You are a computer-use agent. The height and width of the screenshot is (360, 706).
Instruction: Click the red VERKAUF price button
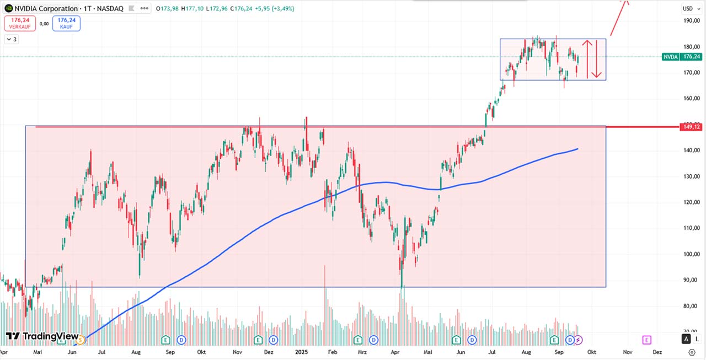tap(20, 23)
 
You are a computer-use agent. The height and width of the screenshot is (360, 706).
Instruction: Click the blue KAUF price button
tap(66, 23)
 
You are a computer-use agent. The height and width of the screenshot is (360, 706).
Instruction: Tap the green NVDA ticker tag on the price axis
tap(670, 57)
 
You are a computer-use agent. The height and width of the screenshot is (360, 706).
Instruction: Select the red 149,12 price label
tap(691, 127)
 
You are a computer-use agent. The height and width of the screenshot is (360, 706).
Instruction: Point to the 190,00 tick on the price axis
tap(691, 20)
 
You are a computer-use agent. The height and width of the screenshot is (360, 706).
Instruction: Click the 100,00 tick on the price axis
tap(691, 254)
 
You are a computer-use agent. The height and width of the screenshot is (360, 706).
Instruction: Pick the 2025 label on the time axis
tap(301, 351)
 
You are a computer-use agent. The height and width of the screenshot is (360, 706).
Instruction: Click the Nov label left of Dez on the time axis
tap(627, 351)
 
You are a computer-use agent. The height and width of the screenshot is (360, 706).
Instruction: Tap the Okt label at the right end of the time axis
tap(591, 351)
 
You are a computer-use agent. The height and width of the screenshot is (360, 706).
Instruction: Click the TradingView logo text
tap(50, 336)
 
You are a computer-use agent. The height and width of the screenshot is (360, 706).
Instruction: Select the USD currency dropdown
tap(689, 8)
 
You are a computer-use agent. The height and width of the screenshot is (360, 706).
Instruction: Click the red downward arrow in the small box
tap(596, 59)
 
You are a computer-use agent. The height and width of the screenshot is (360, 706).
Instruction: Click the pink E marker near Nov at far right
tap(646, 340)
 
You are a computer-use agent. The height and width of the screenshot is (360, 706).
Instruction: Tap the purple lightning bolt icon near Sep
tap(579, 340)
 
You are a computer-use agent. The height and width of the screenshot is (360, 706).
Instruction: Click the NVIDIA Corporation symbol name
tap(46, 9)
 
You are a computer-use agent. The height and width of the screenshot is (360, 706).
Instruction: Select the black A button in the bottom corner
tap(686, 339)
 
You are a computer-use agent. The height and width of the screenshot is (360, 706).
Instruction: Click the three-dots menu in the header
tap(144, 9)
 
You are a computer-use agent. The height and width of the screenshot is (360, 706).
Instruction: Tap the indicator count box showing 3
tap(12, 39)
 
